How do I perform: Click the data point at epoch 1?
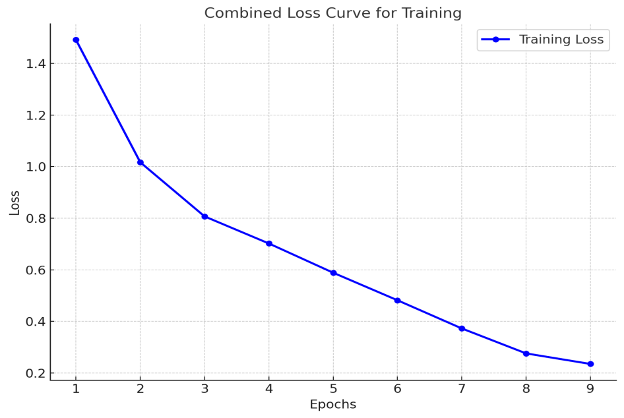76,40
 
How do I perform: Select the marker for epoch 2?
140,162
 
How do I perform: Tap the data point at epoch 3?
204,216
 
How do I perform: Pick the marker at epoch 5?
333,273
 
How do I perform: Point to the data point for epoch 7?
462,328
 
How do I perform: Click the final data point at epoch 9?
590,364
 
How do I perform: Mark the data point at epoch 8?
526,353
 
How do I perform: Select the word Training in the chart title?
429,13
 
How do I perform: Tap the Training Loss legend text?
561,40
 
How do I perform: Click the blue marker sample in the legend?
496,40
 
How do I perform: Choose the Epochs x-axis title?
333,405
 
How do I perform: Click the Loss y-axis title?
15,202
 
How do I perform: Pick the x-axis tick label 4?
268,389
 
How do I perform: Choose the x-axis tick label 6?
397,389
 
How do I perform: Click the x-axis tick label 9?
590,389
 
